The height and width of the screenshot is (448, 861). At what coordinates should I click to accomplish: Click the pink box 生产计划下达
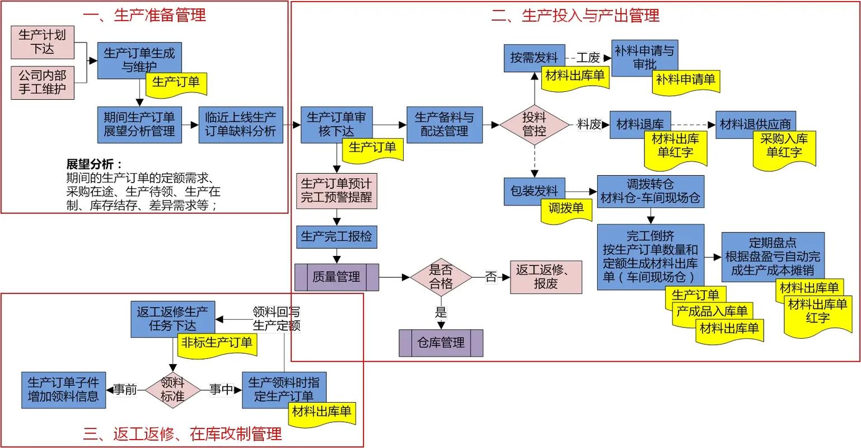tap(42, 42)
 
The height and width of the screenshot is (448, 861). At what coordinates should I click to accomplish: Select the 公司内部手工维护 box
tap(42, 82)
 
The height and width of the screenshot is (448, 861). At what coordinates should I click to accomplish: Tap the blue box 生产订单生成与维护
tap(139, 60)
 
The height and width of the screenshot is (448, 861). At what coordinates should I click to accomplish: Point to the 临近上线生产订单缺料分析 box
tap(240, 124)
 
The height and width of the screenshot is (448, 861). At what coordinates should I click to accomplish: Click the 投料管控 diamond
tap(534, 124)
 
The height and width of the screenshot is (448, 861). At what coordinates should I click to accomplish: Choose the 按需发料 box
tap(534, 57)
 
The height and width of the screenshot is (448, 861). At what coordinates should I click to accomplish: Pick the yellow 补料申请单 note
tap(686, 80)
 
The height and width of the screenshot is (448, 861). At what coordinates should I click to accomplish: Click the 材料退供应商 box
tap(755, 124)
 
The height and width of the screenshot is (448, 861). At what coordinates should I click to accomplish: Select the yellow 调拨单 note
tap(566, 209)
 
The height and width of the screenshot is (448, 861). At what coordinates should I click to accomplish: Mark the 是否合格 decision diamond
tap(441, 277)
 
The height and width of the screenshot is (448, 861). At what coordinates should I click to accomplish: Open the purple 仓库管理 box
tap(441, 343)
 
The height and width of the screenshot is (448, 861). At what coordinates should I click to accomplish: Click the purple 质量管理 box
tap(336, 277)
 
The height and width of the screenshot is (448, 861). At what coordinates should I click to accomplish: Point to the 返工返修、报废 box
tap(545, 277)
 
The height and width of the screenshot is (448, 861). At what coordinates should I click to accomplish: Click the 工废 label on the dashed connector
tap(588, 58)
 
